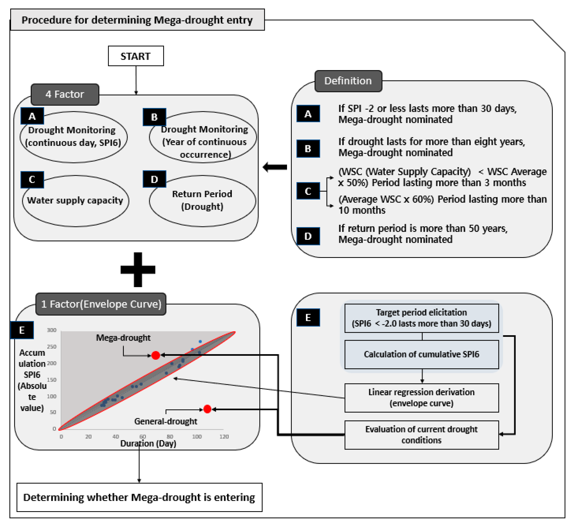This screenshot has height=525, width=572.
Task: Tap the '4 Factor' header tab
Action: click(x=65, y=94)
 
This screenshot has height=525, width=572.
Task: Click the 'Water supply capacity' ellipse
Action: click(x=75, y=201)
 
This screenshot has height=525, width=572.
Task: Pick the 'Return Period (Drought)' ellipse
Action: click(x=202, y=201)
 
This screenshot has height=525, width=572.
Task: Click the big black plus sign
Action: click(x=138, y=269)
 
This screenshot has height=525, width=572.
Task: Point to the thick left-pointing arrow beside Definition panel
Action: click(x=275, y=167)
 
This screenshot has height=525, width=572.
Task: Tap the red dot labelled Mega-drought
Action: click(x=156, y=355)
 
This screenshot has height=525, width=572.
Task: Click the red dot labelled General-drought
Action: click(x=207, y=409)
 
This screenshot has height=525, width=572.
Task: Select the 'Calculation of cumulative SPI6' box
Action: click(x=421, y=354)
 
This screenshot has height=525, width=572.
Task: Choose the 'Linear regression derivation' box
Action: click(x=421, y=398)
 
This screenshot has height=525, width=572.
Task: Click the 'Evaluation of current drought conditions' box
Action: click(x=421, y=435)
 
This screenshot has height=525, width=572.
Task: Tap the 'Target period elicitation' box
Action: click(x=421, y=318)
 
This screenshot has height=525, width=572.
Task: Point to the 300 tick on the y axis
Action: click(x=52, y=330)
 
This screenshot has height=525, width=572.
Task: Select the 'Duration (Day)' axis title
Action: click(x=148, y=443)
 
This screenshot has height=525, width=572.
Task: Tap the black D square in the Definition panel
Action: click(x=308, y=236)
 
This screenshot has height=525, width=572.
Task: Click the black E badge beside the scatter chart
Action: click(x=22, y=330)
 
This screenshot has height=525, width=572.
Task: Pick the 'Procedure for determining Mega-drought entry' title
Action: click(x=137, y=20)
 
